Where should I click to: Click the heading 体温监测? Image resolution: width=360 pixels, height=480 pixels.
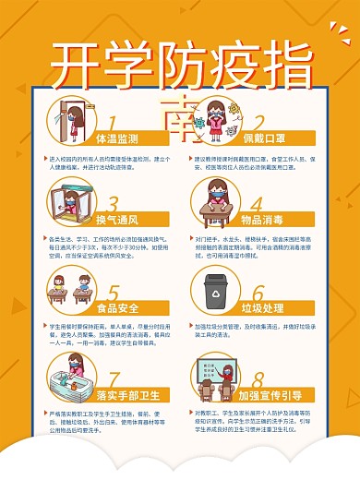point(117,138)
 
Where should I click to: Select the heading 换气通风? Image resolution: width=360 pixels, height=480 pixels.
point(116,221)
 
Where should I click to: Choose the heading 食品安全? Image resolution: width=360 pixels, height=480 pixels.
point(117,307)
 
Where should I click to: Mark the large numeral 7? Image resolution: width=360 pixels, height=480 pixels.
point(114,378)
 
